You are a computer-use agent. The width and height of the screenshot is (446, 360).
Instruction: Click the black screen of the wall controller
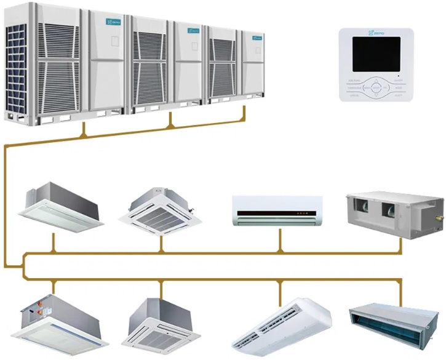[x=375, y=54]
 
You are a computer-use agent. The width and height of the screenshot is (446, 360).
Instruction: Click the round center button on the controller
[x=375, y=89]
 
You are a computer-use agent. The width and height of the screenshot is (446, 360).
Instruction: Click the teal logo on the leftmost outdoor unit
[x=113, y=22]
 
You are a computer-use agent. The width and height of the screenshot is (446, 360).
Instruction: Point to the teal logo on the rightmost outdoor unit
[x=255, y=37]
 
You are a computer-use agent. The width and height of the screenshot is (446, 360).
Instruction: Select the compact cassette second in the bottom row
[x=161, y=323]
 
